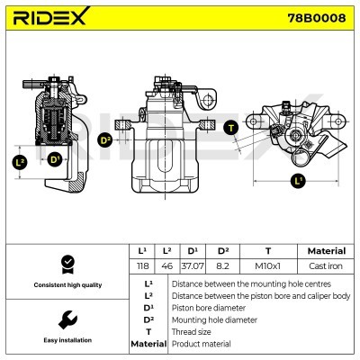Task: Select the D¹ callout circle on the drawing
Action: (x=55, y=160)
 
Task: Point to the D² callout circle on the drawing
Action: (x=105, y=140)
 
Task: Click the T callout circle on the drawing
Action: (x=230, y=127)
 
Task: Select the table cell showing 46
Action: (x=166, y=265)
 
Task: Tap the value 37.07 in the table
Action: (x=192, y=265)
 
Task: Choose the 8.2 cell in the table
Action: (x=224, y=265)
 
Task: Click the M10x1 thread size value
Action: (x=267, y=265)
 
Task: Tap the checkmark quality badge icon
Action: (x=66, y=264)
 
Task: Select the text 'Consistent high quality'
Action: (x=67, y=285)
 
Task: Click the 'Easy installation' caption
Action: (x=67, y=341)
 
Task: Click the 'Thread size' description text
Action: (x=193, y=332)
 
